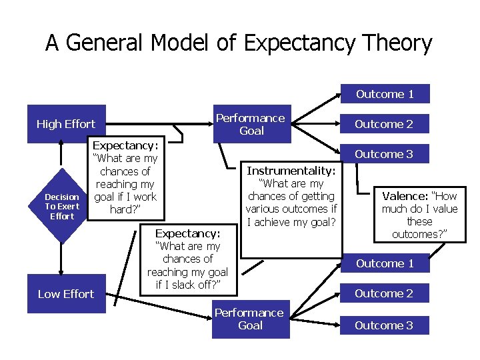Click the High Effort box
tap(65, 124)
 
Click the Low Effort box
tap(65, 294)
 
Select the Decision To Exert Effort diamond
tap(61, 206)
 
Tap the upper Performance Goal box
tap(251, 124)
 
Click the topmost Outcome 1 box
tap(385, 94)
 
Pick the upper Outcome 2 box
tap(383, 124)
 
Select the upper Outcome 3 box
tap(383, 154)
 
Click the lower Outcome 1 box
tap(385, 263)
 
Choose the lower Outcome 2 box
tap(383, 293)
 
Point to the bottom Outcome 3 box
tap(383, 325)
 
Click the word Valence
tap(405, 197)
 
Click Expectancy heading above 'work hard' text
tap(125, 145)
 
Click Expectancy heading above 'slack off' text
tap(187, 234)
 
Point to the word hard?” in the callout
tap(125, 209)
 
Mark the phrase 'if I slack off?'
tap(187, 285)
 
